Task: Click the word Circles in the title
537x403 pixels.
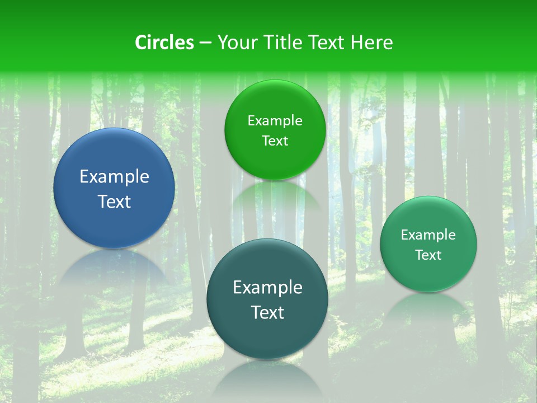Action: (x=164, y=43)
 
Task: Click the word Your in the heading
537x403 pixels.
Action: (x=235, y=43)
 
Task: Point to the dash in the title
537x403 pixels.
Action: (x=205, y=43)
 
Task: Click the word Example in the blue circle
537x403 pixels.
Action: (x=114, y=177)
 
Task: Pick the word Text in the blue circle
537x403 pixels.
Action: (x=114, y=201)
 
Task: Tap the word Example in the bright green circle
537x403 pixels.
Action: (x=275, y=121)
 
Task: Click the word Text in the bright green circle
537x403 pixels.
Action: (x=275, y=141)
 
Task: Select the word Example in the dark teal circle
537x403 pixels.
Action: (x=267, y=288)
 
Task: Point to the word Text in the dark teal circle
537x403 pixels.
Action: (x=267, y=312)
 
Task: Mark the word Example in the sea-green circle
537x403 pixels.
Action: (x=428, y=235)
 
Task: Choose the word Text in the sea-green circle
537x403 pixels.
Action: (x=428, y=255)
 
